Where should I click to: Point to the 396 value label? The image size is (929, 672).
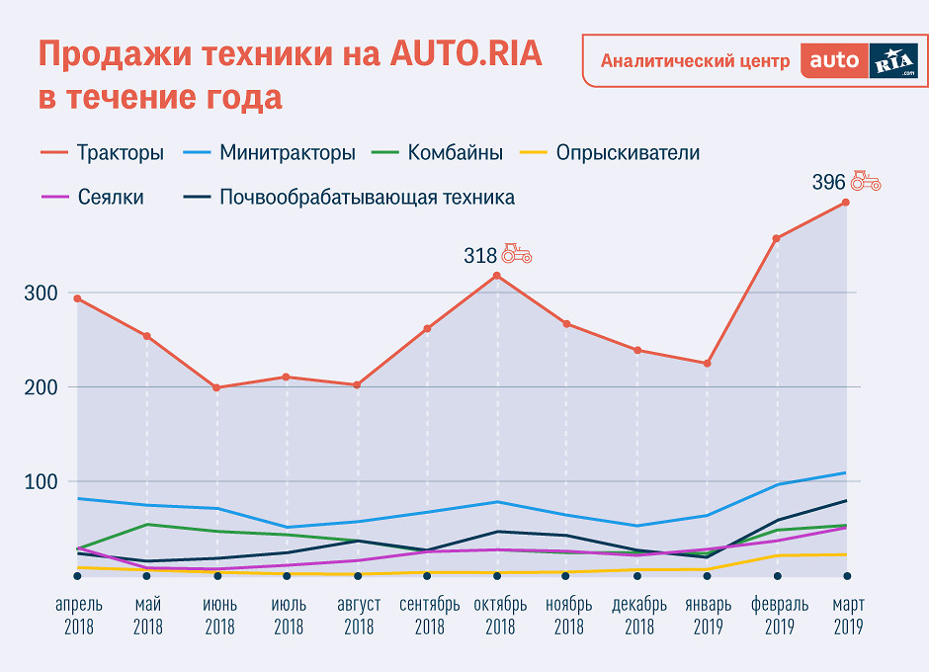click(x=828, y=182)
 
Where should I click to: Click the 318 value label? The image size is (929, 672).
click(x=480, y=255)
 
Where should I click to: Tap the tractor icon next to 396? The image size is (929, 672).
click(x=866, y=181)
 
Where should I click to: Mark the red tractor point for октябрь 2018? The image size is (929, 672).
click(x=497, y=276)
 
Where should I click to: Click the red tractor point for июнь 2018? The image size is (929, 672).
click(x=216, y=387)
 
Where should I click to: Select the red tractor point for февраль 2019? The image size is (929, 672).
click(x=777, y=238)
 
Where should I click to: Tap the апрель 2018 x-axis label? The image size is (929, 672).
click(x=78, y=615)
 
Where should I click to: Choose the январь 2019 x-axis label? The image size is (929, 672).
click(x=708, y=615)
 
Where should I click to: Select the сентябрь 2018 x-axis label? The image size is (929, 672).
click(x=429, y=615)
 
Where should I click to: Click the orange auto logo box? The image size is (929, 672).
click(x=835, y=60)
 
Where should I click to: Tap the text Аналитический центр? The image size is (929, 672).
click(x=695, y=61)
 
